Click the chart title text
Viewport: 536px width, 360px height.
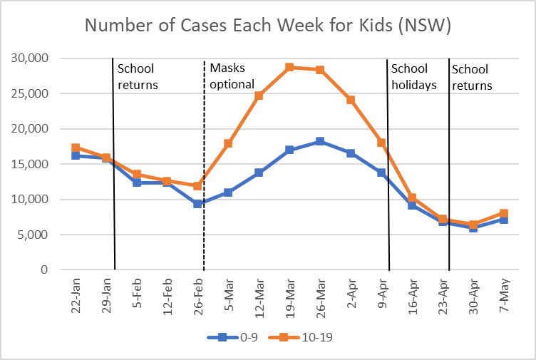tap(267, 26)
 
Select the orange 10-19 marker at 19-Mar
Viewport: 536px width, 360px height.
tap(289, 68)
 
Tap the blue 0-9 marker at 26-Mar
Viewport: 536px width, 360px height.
tap(320, 141)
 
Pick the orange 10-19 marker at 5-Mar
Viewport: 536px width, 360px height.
tap(228, 144)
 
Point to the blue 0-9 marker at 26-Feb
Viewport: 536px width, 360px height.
tap(197, 204)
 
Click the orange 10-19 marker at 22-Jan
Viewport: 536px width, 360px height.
tap(76, 148)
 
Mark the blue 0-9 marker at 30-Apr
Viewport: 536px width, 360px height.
tap(473, 227)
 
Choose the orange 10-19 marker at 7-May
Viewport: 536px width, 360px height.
tap(504, 213)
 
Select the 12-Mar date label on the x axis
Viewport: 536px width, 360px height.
tap(258, 297)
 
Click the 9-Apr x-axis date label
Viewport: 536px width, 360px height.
tap(381, 294)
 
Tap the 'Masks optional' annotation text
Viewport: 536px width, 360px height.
tap(232, 76)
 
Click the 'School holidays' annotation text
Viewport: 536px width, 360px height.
tap(411, 76)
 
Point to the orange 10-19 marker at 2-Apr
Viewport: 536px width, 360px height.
tap(351, 100)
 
